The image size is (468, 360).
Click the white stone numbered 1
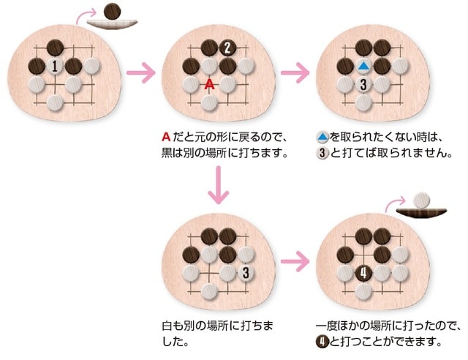point(55,67)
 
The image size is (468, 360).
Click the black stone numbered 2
point(227,48)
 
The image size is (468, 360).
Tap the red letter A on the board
point(210,84)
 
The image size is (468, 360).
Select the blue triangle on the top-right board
point(363,67)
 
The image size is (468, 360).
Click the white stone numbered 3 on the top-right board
point(363,84)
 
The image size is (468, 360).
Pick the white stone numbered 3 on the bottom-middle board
point(246,274)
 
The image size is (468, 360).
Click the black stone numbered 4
point(363,274)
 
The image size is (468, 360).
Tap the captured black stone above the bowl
point(112,10)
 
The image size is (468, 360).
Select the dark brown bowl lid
point(422,212)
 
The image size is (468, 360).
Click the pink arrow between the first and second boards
point(141,73)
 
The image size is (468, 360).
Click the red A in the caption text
point(166,138)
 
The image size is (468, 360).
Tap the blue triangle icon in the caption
point(322,138)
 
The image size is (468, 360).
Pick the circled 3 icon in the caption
point(322,154)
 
